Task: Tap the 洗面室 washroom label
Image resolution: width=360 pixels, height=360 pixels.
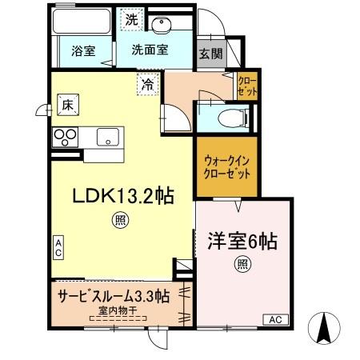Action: pyautogui.click(x=150, y=49)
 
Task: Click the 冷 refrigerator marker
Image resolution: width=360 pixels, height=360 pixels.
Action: pyautogui.click(x=147, y=83)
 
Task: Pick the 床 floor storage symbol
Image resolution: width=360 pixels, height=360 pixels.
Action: pyautogui.click(x=67, y=103)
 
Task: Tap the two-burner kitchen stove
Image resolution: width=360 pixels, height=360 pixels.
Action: pyautogui.click(x=64, y=137)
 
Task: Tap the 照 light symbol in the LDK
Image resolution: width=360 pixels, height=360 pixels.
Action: pyautogui.click(x=118, y=220)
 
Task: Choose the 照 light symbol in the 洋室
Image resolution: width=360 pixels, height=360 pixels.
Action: pyautogui.click(x=241, y=264)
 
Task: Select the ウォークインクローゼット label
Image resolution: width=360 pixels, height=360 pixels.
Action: pyautogui.click(x=227, y=166)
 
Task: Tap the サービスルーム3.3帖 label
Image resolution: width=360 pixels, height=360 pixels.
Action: pyautogui.click(x=113, y=294)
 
